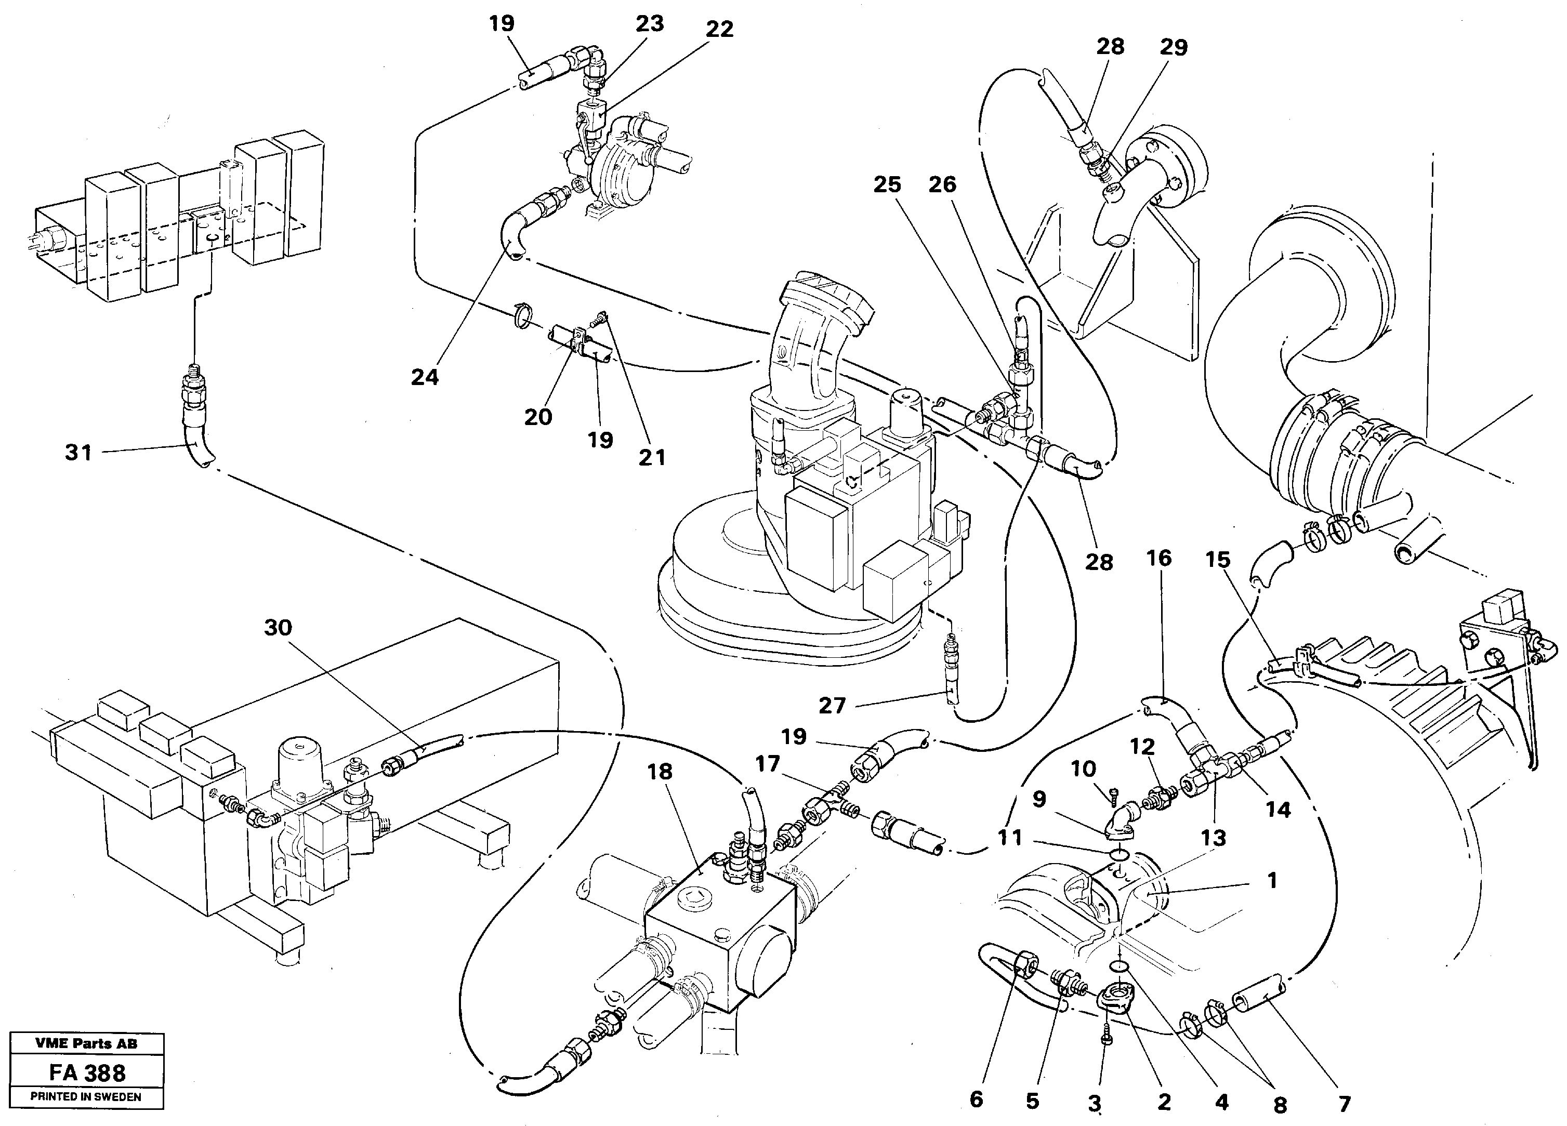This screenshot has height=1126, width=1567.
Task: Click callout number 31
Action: tap(78, 453)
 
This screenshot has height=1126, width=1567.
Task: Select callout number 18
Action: tap(660, 772)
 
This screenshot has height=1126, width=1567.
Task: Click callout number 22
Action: tap(719, 30)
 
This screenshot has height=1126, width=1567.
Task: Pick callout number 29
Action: tap(1173, 48)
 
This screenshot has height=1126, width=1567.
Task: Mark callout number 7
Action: tap(1344, 1105)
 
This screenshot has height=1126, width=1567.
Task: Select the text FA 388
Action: tap(87, 1073)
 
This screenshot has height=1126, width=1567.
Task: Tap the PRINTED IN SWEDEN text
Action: tap(86, 1097)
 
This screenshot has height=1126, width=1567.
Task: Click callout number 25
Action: tap(887, 185)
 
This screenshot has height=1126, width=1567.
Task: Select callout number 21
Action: tap(652, 457)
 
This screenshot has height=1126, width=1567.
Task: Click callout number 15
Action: tap(1218, 560)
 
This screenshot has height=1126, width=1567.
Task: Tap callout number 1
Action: tap(1272, 881)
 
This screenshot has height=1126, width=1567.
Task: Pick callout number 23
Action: tap(650, 24)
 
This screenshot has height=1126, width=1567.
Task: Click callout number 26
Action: tap(942, 185)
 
